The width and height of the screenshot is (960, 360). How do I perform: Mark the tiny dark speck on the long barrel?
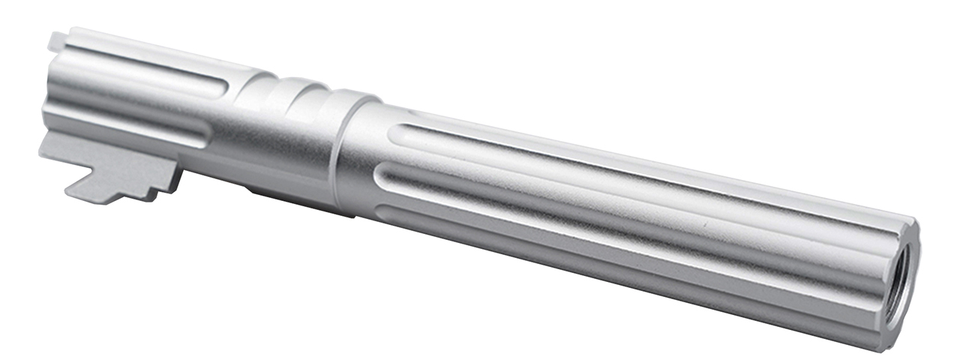click(704, 224)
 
